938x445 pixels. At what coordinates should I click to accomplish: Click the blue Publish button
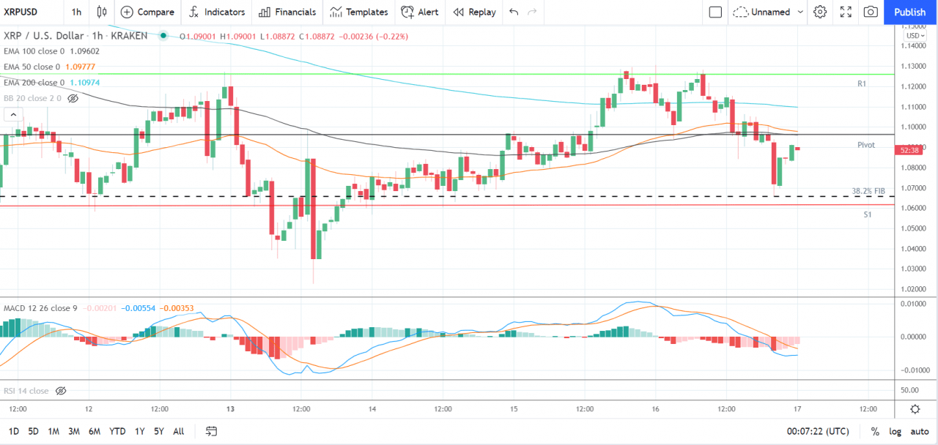[910, 12]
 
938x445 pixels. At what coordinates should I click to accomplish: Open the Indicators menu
[217, 12]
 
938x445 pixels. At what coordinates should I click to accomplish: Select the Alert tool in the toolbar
[420, 12]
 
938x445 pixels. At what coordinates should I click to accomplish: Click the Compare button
[147, 12]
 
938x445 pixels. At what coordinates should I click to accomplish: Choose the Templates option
[359, 12]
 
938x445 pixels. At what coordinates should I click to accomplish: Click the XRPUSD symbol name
[21, 12]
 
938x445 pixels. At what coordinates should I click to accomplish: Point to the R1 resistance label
[862, 84]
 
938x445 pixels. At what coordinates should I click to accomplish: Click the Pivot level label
[866, 145]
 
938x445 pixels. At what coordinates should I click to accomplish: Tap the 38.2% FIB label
[868, 191]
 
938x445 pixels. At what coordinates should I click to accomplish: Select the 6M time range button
[95, 431]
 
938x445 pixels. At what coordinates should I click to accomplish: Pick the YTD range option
[117, 431]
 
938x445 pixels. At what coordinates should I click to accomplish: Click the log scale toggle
[895, 431]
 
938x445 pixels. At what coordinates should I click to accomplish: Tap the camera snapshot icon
[871, 12]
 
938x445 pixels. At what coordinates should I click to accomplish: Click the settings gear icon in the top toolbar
[820, 12]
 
